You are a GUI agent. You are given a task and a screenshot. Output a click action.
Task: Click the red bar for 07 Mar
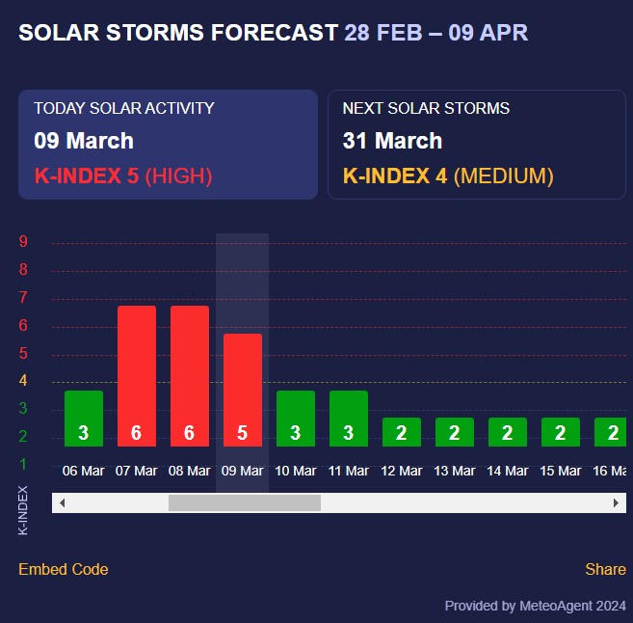click(136, 376)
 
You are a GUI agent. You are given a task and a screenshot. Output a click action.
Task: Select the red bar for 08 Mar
click(189, 376)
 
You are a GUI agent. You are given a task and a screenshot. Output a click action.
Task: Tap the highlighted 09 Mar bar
click(242, 390)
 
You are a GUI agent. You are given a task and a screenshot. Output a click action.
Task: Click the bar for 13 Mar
click(454, 432)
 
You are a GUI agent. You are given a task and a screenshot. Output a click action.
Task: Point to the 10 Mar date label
click(295, 471)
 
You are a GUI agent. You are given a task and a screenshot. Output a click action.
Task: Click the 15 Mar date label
click(560, 471)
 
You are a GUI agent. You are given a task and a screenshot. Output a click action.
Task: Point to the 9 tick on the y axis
click(23, 242)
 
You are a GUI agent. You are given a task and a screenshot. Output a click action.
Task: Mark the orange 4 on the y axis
click(23, 381)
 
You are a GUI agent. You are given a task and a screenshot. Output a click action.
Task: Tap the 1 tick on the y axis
click(23, 464)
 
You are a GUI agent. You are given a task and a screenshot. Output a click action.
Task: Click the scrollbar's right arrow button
click(616, 502)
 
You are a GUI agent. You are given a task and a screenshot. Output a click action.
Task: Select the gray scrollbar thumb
click(244, 502)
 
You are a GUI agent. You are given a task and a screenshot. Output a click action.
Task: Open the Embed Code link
click(64, 569)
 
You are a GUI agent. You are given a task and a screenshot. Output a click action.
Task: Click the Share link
click(605, 569)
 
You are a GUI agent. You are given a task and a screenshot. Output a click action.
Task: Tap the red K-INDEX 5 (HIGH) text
click(123, 176)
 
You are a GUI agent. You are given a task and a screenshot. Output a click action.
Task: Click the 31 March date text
click(392, 141)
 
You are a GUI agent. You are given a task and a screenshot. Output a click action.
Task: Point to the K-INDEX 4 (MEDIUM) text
click(448, 176)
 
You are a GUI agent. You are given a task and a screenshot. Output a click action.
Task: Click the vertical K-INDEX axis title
click(23, 510)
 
